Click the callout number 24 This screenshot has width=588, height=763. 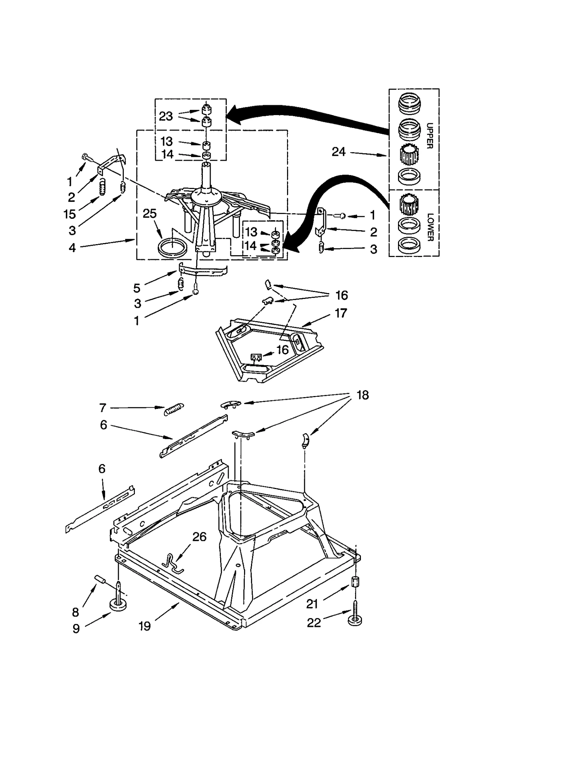click(x=338, y=152)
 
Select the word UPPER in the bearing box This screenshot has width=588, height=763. click(x=429, y=136)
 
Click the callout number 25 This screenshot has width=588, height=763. click(x=150, y=214)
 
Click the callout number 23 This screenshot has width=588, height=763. click(x=166, y=116)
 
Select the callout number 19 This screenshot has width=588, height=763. click(x=145, y=626)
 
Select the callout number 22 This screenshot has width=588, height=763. click(x=314, y=623)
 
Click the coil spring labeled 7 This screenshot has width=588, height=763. click(x=173, y=409)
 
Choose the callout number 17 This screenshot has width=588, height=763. click(x=341, y=313)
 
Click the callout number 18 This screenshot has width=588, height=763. click(x=362, y=395)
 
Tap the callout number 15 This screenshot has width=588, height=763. click(x=70, y=214)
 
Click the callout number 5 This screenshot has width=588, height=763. click(x=137, y=288)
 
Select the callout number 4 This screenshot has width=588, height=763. click(x=72, y=248)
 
